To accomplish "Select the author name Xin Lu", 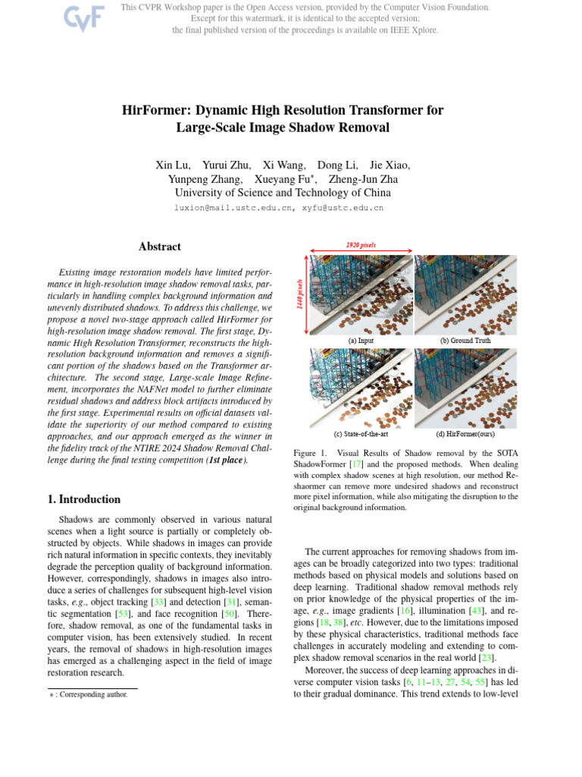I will click(172, 165).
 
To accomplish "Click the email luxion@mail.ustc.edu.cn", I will click(234, 207).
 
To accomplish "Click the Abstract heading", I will click(160, 247).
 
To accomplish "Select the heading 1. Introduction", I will click(84, 499).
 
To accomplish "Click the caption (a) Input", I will click(361, 341).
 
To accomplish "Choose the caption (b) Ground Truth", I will click(465, 341).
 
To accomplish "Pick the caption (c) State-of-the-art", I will click(361, 434).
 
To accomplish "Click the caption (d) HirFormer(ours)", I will click(465, 434).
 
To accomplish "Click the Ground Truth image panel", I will click(465, 294).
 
